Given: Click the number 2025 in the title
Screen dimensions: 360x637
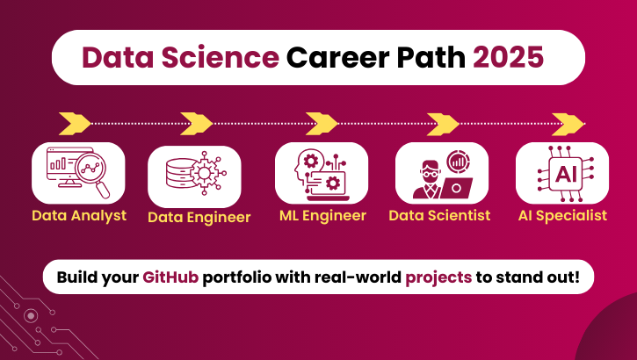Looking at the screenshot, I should (x=509, y=57).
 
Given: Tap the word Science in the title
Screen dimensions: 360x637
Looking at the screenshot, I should (x=219, y=57).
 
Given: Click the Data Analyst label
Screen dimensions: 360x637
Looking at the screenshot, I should (x=79, y=215).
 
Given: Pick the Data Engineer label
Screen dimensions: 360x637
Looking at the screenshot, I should (x=199, y=217).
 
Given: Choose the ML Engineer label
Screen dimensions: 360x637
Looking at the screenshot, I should (x=322, y=215).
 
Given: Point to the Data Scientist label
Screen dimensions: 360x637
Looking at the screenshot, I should (x=439, y=215).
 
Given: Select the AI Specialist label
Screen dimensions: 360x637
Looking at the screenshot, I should (x=562, y=215).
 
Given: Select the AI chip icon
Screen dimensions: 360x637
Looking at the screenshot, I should (x=562, y=173).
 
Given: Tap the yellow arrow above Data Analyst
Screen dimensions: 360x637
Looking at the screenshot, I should (x=75, y=120).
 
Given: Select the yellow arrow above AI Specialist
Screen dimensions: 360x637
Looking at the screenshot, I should (x=568, y=120).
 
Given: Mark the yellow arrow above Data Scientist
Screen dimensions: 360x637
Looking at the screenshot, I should (x=445, y=120).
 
